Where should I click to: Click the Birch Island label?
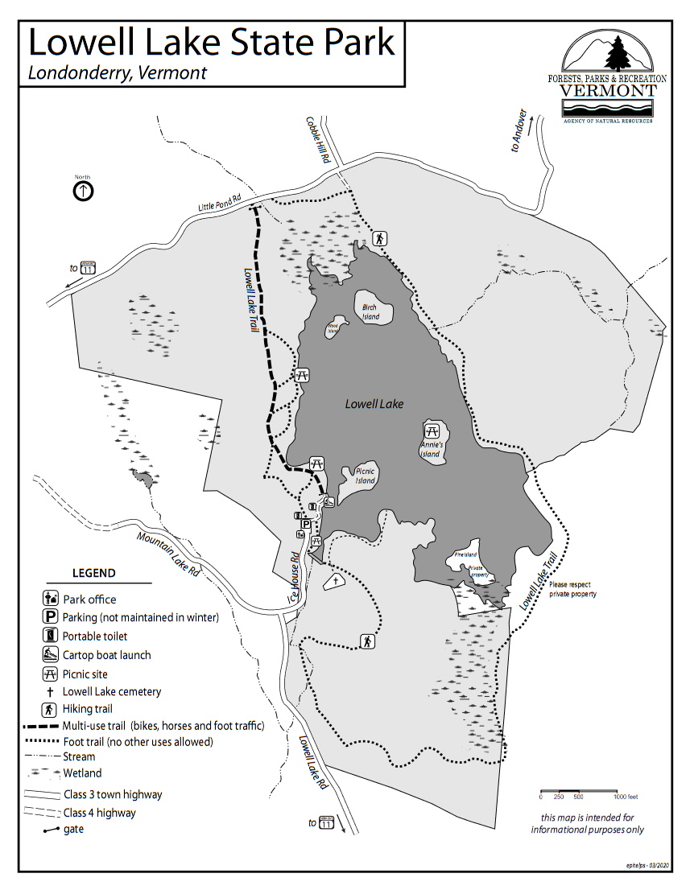tap(370, 311)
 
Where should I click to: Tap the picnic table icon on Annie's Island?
tap(432, 430)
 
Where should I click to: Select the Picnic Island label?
tap(365, 476)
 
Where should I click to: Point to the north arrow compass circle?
tap(83, 191)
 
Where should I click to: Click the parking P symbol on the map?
tap(306, 523)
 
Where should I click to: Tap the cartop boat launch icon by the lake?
tap(328, 502)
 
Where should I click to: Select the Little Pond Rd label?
tap(220, 202)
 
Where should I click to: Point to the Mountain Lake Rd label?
tap(168, 554)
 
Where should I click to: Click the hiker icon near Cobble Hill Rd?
tap(380, 238)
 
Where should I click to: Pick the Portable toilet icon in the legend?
tap(50, 637)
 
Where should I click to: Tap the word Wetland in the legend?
tap(82, 773)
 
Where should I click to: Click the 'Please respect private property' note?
tap(573, 589)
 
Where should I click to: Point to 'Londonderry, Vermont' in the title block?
tap(118, 72)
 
